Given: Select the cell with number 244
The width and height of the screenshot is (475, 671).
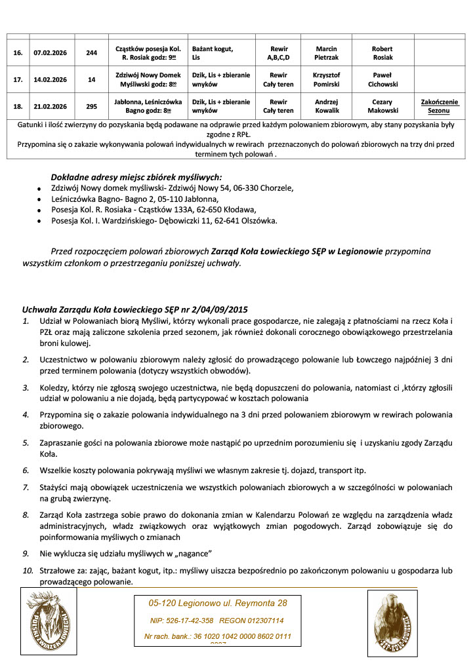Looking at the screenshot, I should click(x=91, y=53).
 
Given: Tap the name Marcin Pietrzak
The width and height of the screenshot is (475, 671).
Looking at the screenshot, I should click(x=326, y=53).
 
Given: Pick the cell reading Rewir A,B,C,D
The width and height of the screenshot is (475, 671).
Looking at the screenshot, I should click(x=278, y=53).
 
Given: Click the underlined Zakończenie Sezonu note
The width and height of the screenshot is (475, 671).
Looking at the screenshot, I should click(x=440, y=106).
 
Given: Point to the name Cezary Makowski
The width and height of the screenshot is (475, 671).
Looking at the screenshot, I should click(x=382, y=106).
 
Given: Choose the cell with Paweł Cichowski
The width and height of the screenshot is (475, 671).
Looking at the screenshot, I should click(x=382, y=80).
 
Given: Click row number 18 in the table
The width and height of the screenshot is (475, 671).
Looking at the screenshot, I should click(x=18, y=106).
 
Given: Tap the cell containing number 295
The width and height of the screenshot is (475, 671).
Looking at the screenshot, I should click(x=91, y=106).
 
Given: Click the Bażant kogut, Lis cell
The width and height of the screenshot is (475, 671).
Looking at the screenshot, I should click(x=213, y=53).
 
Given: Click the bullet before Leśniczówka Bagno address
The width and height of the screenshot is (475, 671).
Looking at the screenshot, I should click(x=40, y=199).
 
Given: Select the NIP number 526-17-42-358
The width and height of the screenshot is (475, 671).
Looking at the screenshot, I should click(x=182, y=620).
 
